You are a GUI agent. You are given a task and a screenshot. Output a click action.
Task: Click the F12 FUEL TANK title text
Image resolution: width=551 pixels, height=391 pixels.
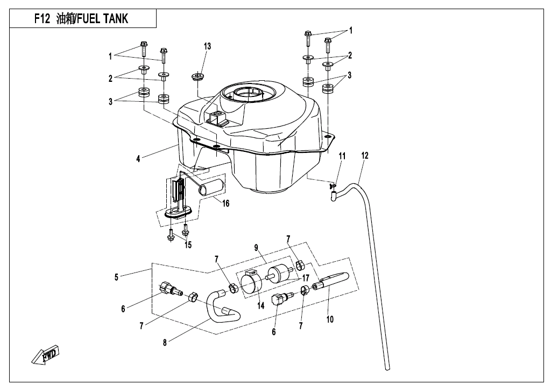point(81,19)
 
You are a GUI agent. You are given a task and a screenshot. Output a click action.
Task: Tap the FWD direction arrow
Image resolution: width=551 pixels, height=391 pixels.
point(46,356)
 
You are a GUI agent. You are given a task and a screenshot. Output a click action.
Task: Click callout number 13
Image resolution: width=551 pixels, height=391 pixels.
point(207,46)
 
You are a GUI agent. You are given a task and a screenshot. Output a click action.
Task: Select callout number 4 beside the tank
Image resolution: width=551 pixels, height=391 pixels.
point(138,158)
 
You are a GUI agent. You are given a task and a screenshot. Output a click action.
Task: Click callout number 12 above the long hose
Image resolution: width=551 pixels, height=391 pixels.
point(365,156)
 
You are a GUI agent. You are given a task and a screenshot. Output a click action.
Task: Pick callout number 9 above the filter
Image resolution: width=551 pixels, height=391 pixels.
point(257,248)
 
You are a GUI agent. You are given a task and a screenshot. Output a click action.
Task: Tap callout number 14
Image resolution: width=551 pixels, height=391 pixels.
point(260,306)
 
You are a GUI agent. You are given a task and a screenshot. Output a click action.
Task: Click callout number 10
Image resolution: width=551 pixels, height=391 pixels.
point(330,319)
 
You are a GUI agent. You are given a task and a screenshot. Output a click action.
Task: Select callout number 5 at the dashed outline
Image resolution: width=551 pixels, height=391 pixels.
point(117,277)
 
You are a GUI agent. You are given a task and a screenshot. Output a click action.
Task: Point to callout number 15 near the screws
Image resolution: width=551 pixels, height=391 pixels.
point(188,246)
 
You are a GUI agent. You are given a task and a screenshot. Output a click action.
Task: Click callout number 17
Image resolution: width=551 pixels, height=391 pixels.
point(306,278)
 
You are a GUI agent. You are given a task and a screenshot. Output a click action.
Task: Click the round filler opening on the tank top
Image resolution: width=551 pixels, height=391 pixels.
point(248,95)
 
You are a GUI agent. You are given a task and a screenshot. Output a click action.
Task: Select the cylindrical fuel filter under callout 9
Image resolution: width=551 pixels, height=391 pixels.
point(282,273)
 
